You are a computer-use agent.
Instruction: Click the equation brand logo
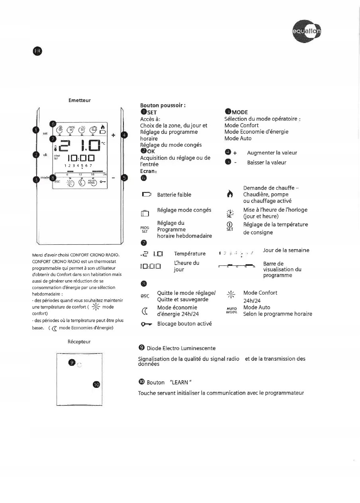click(307, 33)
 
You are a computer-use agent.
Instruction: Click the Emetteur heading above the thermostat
click(80, 100)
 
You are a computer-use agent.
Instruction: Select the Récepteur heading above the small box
click(80, 342)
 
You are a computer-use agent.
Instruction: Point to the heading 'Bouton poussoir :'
click(163, 106)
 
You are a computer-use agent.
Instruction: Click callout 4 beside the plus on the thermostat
click(124, 135)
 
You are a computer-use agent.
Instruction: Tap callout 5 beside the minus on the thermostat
click(124, 178)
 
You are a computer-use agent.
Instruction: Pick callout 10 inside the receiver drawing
click(96, 384)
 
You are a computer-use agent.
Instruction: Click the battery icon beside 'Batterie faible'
click(147, 195)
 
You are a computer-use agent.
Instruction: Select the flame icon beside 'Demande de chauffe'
click(229, 194)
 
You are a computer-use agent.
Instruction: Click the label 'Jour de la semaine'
click(286, 250)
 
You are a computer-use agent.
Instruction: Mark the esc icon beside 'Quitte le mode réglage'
click(145, 296)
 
